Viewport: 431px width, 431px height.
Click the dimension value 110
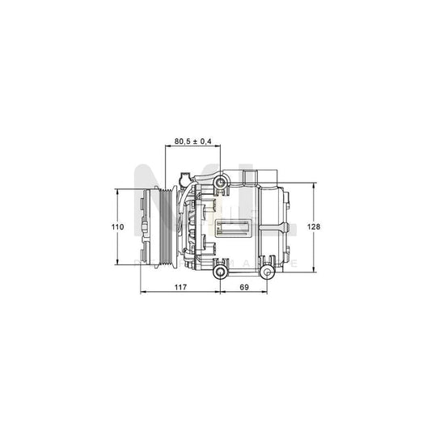point(117,227)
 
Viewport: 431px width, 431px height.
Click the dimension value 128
point(314,227)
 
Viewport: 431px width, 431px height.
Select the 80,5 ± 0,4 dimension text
point(193,142)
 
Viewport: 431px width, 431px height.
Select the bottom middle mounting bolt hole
point(219,273)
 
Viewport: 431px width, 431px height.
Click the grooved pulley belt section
point(160,227)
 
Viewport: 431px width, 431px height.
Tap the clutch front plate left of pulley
point(146,227)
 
